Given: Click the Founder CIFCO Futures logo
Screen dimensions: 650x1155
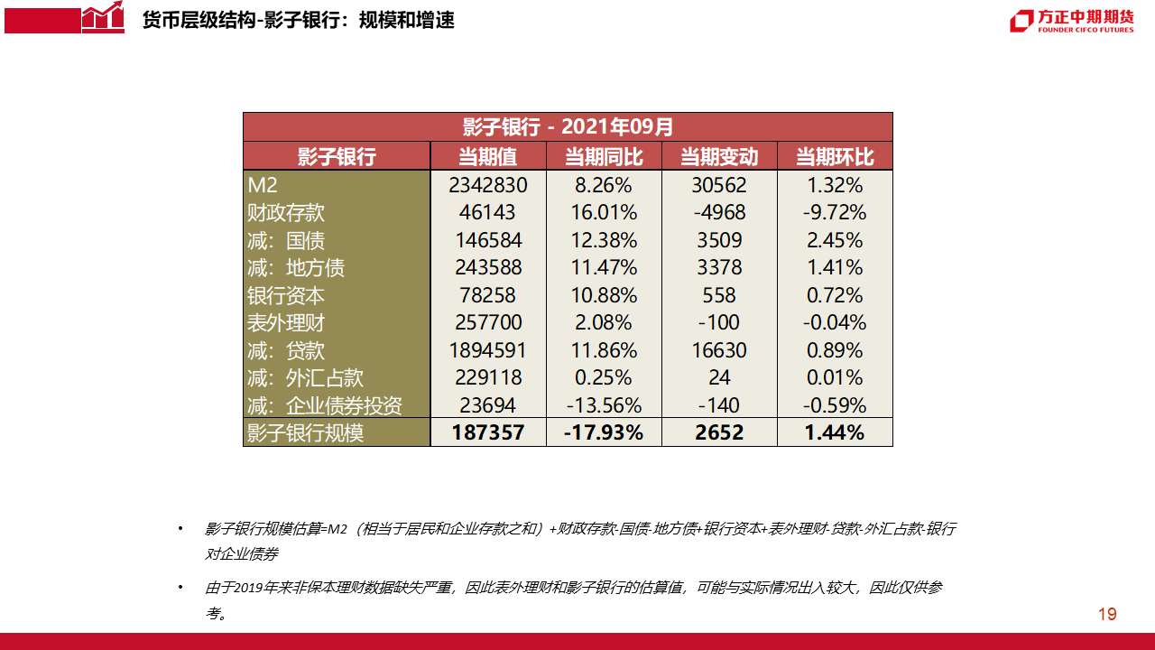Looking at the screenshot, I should pos(1071,20).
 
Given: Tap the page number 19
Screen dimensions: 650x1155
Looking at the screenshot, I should pos(1107,615).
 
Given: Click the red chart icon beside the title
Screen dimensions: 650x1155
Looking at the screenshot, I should pos(102,18).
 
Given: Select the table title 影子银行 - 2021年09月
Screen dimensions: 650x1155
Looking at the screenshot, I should pos(568,126).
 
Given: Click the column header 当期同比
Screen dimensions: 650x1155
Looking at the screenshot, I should pos(604,156).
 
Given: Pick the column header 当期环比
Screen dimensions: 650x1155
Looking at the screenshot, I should pos(835,156).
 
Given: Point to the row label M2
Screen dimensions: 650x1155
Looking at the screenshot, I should pos(263,186).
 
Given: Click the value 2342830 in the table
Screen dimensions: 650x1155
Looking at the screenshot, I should pos(488,186).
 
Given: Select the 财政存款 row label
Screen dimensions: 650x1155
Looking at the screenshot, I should pos(286,213).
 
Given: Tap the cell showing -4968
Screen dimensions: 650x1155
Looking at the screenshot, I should pos(719,213).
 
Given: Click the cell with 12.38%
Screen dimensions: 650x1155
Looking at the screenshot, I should pos(604,241).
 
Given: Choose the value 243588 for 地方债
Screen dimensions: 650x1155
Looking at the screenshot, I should pos(488,268).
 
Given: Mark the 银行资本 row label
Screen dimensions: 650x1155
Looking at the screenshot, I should pos(286,295).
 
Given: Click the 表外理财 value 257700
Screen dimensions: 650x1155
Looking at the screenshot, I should pos(488,323).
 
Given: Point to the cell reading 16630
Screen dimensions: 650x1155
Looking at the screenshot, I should pos(719,350).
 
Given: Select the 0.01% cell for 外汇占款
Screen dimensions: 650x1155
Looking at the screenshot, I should pos(835,377).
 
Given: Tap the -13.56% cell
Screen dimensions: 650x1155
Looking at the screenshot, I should pos(604,405).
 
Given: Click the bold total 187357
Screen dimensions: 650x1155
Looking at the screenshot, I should pos(488,432).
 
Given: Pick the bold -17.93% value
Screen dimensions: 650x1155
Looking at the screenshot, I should pos(604,432).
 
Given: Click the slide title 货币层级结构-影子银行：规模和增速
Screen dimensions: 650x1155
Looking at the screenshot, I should pos(299,19).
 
